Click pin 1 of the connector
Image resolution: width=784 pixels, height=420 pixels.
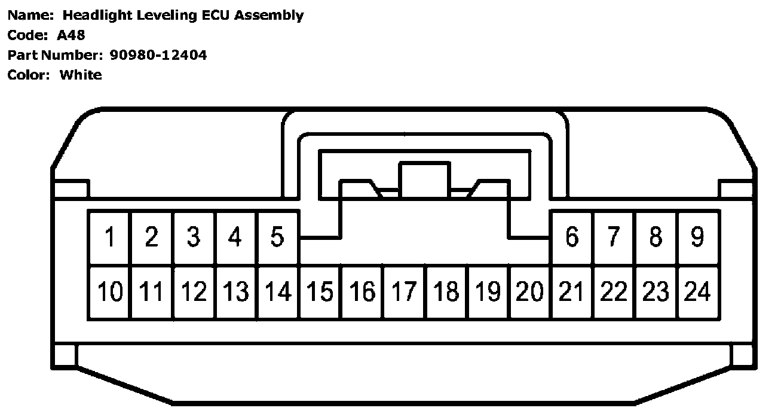tap(109, 238)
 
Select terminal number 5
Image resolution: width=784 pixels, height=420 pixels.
tap(277, 238)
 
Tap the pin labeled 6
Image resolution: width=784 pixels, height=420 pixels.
tap(572, 238)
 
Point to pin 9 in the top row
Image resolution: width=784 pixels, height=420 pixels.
tap(697, 238)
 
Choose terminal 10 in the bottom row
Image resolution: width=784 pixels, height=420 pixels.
tap(109, 292)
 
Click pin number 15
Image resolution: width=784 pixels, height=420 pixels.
tap(320, 292)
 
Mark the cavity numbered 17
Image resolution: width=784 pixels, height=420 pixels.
tap(404, 292)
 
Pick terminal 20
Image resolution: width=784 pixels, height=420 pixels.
tap(530, 292)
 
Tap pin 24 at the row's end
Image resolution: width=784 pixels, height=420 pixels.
tap(697, 292)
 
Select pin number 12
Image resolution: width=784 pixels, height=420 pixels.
tap(194, 292)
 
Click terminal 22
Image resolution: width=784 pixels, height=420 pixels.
tap(614, 292)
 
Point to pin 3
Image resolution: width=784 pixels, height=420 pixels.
tap(193, 238)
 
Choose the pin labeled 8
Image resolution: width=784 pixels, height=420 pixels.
tap(656, 238)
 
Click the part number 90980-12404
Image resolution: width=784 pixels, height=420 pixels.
tap(158, 56)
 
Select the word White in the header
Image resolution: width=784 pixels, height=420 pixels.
tap(81, 75)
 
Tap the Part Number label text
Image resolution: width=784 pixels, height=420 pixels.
tap(54, 56)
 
